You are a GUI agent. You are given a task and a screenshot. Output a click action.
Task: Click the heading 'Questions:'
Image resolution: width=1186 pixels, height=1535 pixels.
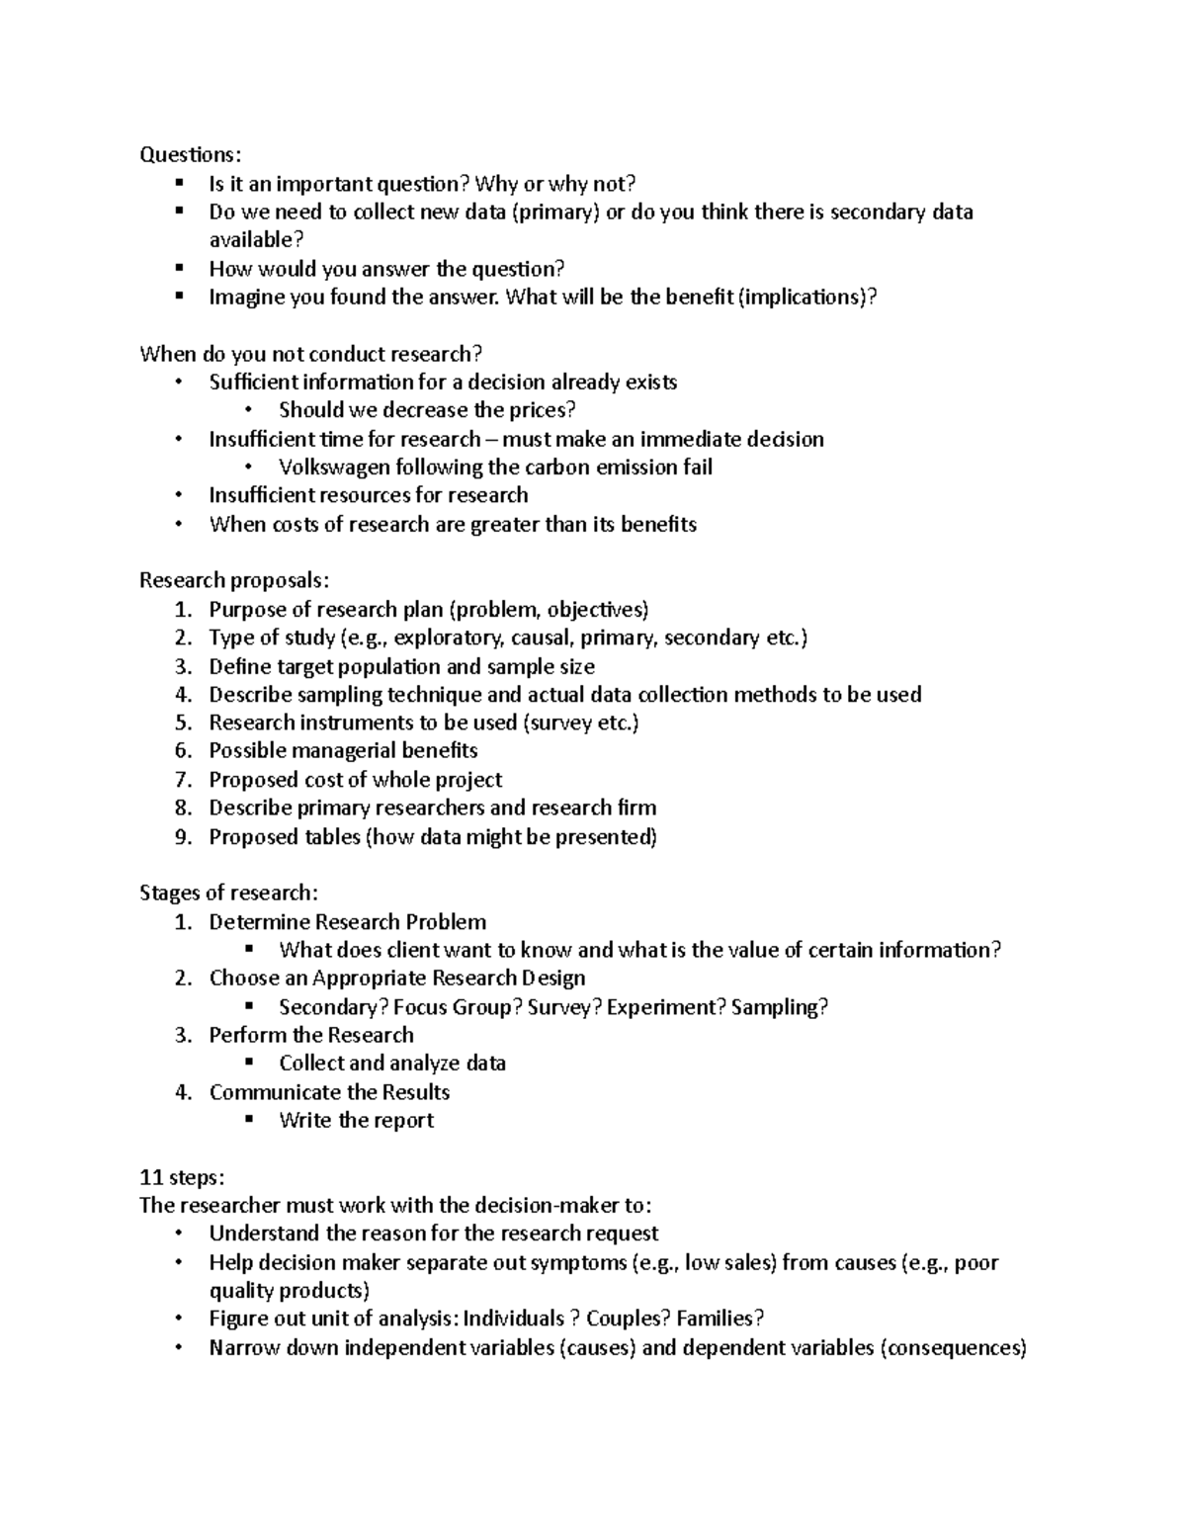(190, 154)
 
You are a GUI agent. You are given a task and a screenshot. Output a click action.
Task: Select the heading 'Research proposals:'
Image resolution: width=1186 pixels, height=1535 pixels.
(234, 580)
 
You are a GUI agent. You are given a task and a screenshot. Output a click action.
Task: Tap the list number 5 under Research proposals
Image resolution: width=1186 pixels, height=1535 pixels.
(182, 723)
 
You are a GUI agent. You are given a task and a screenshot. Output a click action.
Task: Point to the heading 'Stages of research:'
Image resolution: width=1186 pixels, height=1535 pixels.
(229, 893)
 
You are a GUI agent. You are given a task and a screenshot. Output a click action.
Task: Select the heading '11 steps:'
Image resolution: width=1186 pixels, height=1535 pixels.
(183, 1177)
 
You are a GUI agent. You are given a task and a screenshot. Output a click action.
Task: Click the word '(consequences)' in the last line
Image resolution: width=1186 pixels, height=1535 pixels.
(953, 1347)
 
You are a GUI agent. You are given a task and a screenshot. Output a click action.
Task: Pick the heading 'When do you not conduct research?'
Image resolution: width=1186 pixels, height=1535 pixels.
(311, 354)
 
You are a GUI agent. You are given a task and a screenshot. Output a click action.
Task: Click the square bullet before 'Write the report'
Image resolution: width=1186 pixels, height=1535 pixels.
(250, 1119)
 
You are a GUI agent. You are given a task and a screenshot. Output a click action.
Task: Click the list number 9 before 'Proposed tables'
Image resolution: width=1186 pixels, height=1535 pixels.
(182, 837)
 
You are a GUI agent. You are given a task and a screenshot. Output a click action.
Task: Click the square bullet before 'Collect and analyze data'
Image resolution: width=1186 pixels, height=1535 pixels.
(250, 1062)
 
